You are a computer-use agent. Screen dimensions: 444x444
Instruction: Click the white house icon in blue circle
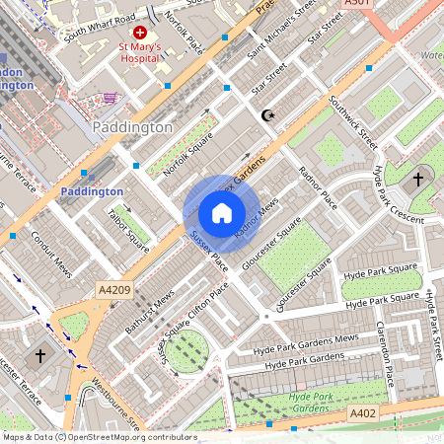pyautogui.click(x=222, y=213)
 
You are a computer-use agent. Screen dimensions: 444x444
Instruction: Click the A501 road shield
pyautogui.click(x=360, y=4)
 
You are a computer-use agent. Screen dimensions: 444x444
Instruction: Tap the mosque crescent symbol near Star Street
pyautogui.click(x=266, y=115)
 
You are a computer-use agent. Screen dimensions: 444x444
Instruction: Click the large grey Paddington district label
pyautogui.click(x=131, y=128)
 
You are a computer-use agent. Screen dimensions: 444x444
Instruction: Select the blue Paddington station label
pyautogui.click(x=92, y=191)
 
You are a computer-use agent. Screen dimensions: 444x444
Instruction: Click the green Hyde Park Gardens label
pyautogui.click(x=311, y=402)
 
